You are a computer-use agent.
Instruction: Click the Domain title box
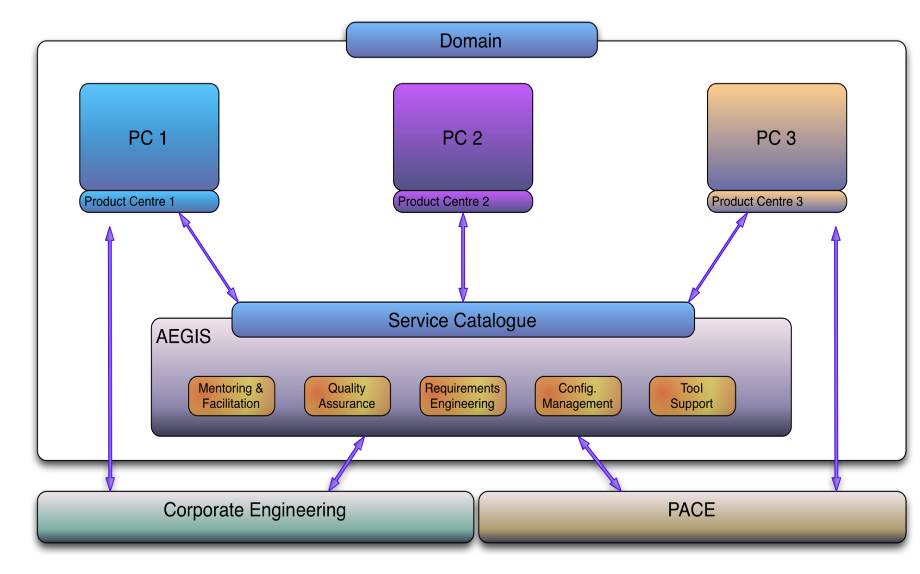tap(471, 40)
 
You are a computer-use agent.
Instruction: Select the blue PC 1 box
tap(149, 137)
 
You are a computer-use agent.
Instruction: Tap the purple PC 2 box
tap(463, 137)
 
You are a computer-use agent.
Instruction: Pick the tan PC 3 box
tap(777, 137)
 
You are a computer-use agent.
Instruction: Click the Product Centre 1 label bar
tap(149, 201)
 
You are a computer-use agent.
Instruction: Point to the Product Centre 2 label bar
tap(463, 201)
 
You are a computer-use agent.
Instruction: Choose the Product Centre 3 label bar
tap(777, 201)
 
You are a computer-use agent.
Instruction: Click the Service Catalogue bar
tap(463, 320)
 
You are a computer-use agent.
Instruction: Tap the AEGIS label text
tap(184, 337)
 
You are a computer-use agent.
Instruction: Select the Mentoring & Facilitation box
tap(232, 396)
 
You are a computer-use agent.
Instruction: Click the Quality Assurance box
tap(347, 396)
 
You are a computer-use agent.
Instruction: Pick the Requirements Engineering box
tap(463, 396)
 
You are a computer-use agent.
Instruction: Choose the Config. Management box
tap(578, 396)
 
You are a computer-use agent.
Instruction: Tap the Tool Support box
tap(692, 396)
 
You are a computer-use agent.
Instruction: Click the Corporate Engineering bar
tap(256, 517)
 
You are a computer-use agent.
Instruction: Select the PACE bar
tap(692, 517)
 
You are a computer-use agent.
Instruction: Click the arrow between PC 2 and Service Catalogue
tap(463, 257)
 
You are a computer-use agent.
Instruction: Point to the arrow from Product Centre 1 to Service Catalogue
tap(209, 257)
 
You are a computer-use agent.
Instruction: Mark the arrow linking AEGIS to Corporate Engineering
tap(346, 464)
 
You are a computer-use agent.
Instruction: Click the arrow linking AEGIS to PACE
tap(600, 464)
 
